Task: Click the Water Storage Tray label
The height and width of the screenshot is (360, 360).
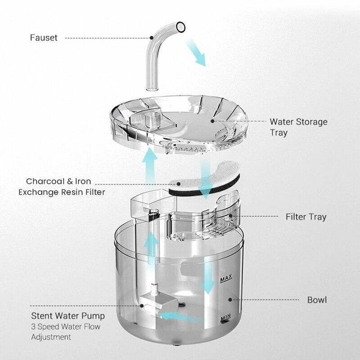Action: click(298, 127)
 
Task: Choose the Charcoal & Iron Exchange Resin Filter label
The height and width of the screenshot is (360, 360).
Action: click(65, 186)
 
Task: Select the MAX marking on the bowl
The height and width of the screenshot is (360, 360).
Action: click(226, 280)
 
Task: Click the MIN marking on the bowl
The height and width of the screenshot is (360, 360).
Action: click(226, 319)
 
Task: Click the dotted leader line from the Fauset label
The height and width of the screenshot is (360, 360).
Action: click(105, 38)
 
